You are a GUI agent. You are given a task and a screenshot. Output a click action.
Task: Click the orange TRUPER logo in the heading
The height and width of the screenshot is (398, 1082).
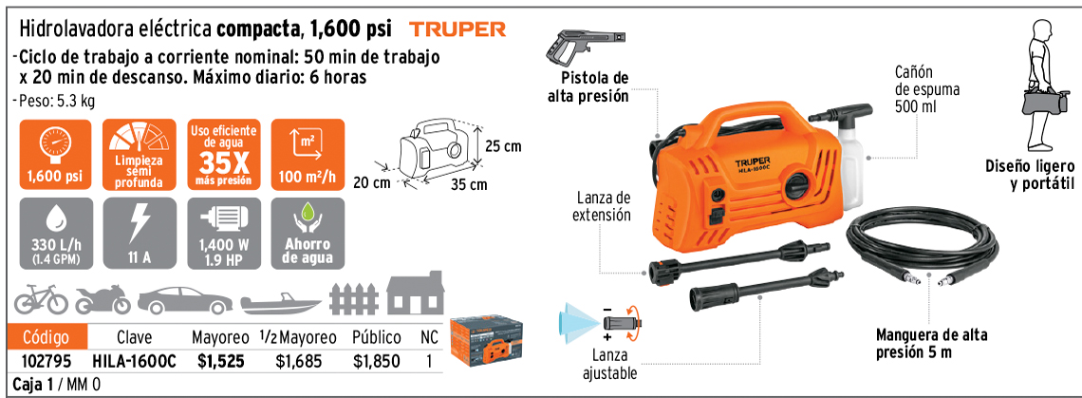point(457,29)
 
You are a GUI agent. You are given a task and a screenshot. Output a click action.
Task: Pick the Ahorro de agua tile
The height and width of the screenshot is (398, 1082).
point(308,233)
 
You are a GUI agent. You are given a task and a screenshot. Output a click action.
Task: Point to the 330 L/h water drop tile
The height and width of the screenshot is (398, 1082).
point(55,233)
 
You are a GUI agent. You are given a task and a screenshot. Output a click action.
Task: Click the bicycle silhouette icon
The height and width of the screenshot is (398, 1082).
point(42,299)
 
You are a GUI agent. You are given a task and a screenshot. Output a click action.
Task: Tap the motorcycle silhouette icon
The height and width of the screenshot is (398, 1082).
point(103,299)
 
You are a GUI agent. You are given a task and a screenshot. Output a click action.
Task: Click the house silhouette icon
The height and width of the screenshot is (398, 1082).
point(416,293)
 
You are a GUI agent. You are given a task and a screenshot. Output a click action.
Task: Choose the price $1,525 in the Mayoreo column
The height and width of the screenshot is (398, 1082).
point(221,361)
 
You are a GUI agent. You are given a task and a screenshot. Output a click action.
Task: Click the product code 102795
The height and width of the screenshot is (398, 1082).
point(47,361)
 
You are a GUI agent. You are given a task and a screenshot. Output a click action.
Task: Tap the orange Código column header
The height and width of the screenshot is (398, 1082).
point(47,337)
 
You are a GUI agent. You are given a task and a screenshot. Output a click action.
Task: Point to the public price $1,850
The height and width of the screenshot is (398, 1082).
point(376,361)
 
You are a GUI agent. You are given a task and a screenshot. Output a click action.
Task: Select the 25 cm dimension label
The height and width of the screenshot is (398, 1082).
point(503,146)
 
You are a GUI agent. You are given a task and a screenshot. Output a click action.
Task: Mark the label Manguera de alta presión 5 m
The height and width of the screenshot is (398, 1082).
point(932,344)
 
